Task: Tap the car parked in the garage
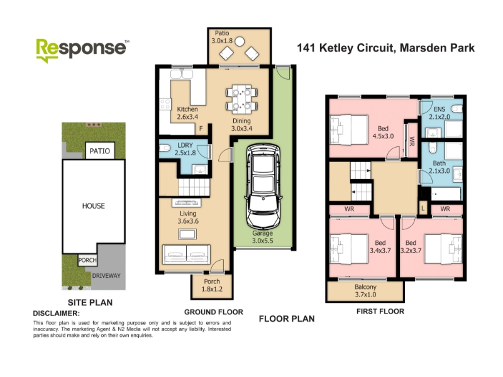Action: point(263,186)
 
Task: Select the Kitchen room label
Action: point(187,109)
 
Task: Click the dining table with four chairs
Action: point(241,99)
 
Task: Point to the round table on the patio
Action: point(240,41)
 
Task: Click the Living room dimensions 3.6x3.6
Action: point(188,221)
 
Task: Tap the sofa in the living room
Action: point(186,254)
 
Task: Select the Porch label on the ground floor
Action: point(212,281)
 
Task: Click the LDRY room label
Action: point(185,145)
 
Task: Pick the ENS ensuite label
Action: point(439,109)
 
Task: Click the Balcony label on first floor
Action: point(365,287)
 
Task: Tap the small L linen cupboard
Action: point(423,209)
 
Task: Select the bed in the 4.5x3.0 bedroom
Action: point(349,131)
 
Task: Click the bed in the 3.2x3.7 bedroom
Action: point(443,249)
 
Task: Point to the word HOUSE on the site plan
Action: point(93,206)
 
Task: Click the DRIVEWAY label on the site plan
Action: point(106,276)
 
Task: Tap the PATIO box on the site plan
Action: point(100,151)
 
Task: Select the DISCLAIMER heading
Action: point(57,313)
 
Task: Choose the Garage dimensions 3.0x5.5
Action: point(262,241)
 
